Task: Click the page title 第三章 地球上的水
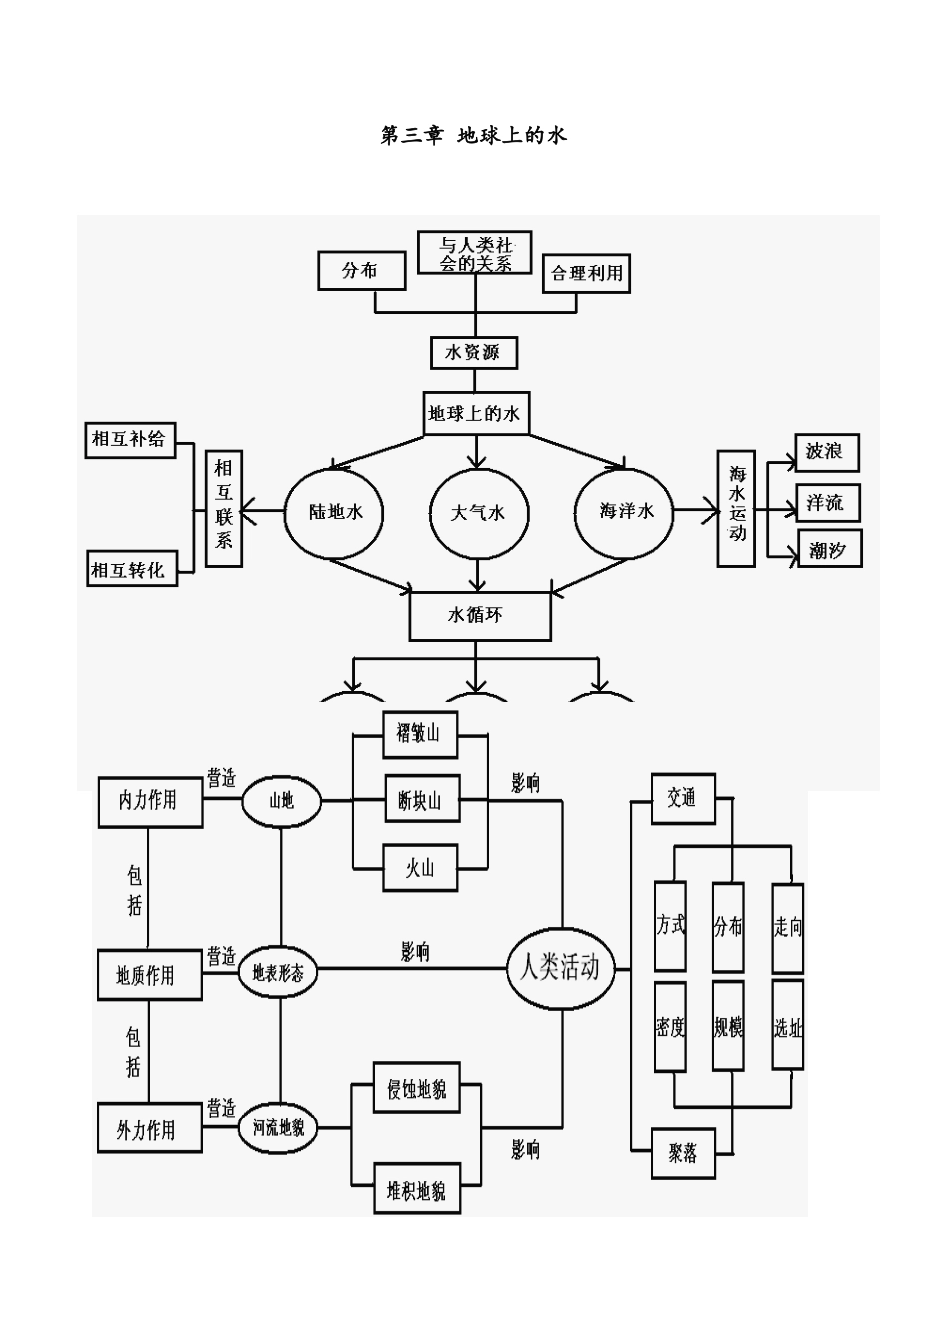[474, 135]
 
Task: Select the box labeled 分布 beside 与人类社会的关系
[361, 271]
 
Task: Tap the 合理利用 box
[587, 273]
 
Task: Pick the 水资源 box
[475, 353]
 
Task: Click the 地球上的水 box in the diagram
[475, 413]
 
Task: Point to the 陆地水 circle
[334, 512]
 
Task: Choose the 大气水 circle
[478, 513]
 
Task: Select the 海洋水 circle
[626, 511]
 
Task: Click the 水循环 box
[480, 616]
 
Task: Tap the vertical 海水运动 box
[737, 509]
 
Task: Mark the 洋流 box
[826, 502]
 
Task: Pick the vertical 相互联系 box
[224, 509]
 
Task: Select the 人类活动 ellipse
[560, 968]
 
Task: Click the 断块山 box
[419, 801]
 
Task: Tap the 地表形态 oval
[278, 972]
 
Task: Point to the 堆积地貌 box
[417, 1190]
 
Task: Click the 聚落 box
[683, 1154]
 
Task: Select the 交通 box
[683, 798]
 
